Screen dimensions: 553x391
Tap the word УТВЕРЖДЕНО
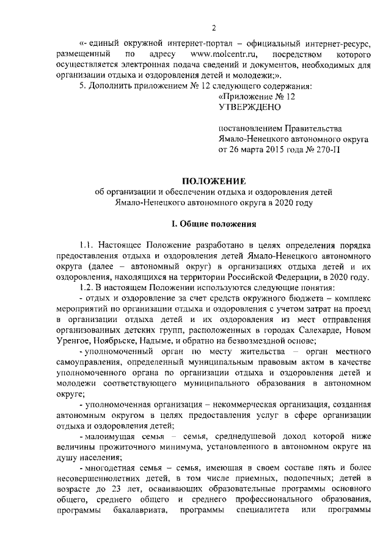249,107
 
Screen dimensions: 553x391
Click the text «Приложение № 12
257,97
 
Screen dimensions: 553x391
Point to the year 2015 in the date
274,150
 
